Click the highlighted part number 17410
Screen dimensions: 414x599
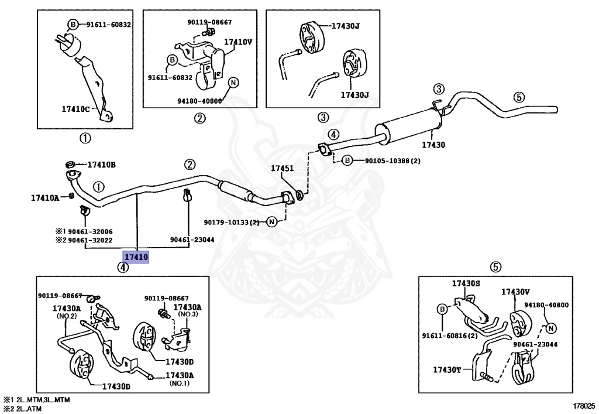click(136, 256)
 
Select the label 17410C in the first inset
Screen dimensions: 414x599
click(76, 109)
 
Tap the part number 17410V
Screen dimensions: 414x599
click(238, 42)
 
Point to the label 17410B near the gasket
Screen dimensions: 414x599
click(102, 165)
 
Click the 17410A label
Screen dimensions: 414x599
click(45, 198)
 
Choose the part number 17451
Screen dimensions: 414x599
click(281, 168)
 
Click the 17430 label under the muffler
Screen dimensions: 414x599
click(433, 144)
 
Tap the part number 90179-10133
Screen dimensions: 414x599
click(232, 222)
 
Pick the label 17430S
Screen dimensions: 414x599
click(466, 283)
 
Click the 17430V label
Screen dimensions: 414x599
click(515, 291)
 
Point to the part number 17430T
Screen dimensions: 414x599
click(447, 369)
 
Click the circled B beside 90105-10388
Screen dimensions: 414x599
click(347, 160)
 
